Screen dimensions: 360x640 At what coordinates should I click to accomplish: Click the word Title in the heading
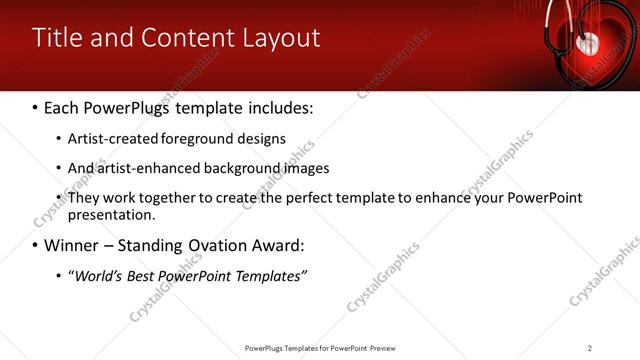click(59, 38)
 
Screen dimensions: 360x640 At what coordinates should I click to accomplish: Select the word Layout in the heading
click(282, 39)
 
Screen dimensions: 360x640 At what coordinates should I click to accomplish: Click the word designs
click(260, 138)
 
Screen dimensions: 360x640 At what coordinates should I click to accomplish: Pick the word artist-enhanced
click(143, 168)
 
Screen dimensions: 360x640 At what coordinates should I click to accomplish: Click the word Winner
click(71, 245)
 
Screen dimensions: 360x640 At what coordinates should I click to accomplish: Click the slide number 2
click(590, 348)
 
